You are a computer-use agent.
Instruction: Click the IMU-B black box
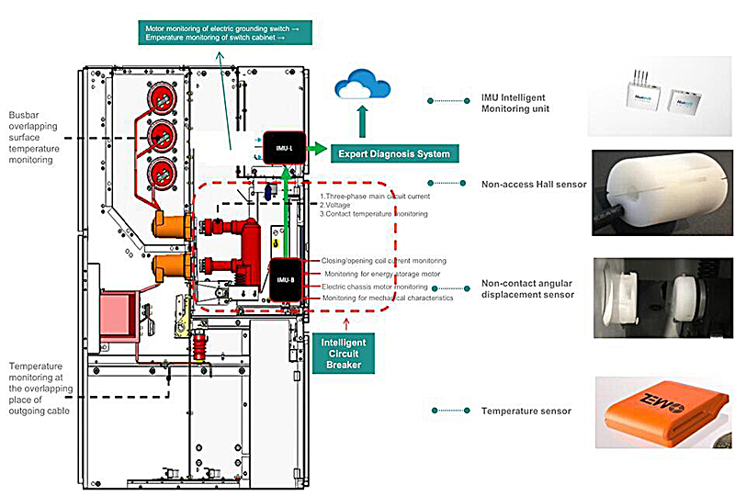287,279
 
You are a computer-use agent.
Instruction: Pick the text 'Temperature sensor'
526,411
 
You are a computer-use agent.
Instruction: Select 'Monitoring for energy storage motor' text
381,274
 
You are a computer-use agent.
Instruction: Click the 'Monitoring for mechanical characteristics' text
387,298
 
